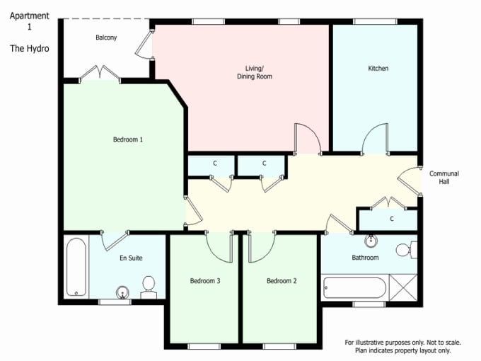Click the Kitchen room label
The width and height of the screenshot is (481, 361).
click(378, 68)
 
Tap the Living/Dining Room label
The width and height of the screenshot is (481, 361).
click(255, 72)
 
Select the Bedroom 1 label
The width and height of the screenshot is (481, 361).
click(128, 139)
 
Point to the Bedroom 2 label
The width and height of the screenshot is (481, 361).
click(282, 281)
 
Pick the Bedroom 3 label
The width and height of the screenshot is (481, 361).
click(205, 281)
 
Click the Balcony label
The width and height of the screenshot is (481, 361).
click(106, 38)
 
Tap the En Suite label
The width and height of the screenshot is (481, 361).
click(131, 258)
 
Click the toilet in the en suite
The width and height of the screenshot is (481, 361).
click(149, 287)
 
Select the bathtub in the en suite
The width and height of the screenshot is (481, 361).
click(76, 267)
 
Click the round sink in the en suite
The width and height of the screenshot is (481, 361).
click(122, 292)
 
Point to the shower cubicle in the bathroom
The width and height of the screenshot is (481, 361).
click(403, 287)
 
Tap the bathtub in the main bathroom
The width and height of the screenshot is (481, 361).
click(354, 288)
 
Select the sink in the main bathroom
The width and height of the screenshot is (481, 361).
click(371, 241)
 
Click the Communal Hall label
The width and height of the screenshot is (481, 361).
click(444, 178)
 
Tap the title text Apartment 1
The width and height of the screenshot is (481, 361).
click(30, 21)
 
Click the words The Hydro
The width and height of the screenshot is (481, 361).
click(30, 49)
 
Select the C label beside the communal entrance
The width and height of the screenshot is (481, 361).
click(391, 219)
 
